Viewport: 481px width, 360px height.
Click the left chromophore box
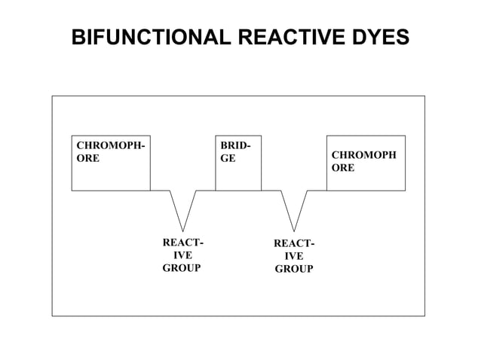point(110,172)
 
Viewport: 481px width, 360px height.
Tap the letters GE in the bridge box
point(227,159)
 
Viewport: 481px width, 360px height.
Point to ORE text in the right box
point(343,167)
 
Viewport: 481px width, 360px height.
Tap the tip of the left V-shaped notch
point(182,230)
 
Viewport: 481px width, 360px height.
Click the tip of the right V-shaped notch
point(294,230)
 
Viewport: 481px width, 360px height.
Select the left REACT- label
point(182,243)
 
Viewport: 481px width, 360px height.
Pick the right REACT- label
point(294,243)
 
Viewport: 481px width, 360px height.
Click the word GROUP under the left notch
point(182,268)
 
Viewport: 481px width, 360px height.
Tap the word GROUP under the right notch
point(294,269)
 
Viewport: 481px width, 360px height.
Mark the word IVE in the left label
point(182,255)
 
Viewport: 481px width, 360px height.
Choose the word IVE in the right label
point(294,256)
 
